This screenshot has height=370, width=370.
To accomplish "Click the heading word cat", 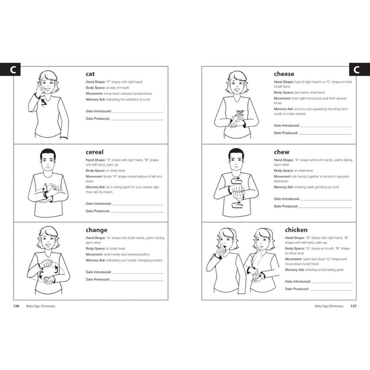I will point(90,74).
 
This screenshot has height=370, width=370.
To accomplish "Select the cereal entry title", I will point(94,152).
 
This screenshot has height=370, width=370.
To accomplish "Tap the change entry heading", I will point(96,230).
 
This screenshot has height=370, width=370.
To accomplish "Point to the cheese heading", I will point(284,74).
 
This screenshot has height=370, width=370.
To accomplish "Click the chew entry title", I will point(282,152).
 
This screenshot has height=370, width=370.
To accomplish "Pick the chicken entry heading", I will point(296,230).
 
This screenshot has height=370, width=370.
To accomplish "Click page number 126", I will point(16,306).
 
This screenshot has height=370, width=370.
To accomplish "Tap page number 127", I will point(353,306).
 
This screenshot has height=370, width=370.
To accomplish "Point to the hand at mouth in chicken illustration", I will point(222,251).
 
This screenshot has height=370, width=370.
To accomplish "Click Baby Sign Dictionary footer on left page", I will point(41,306).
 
